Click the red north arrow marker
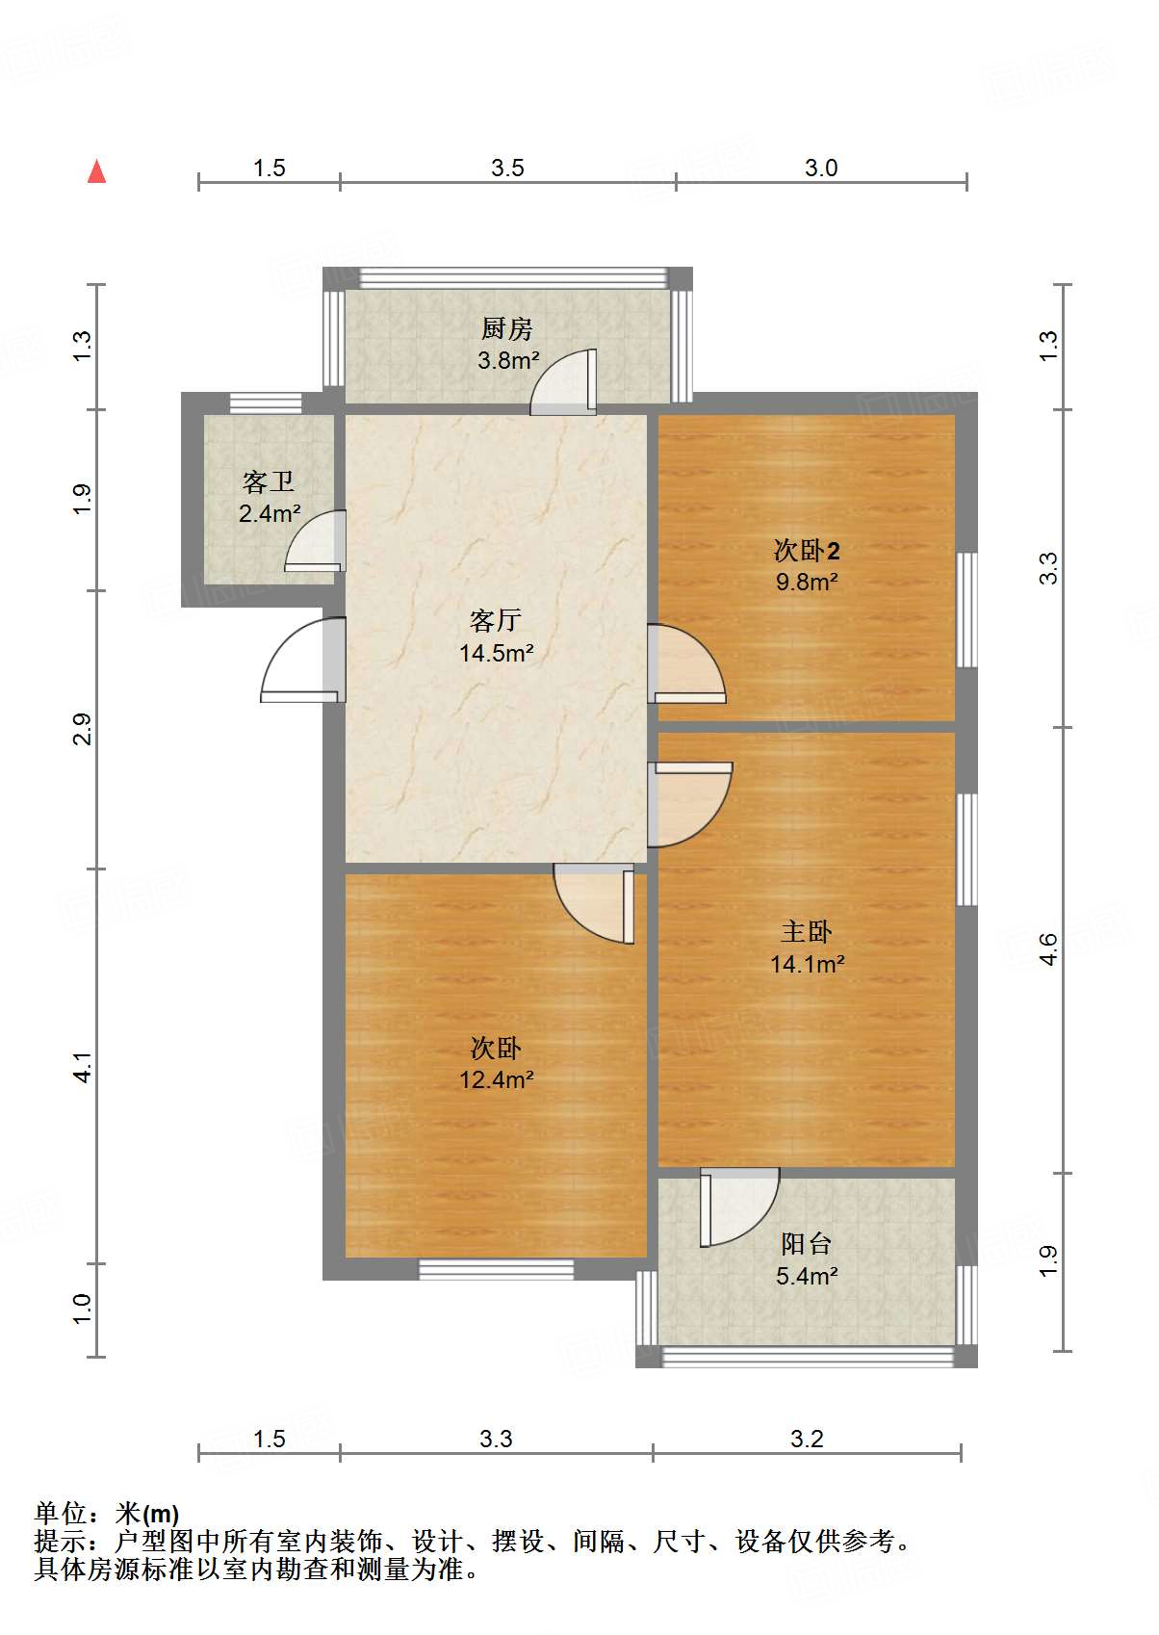[x=96, y=171]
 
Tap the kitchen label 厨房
[x=506, y=329]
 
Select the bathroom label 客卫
[x=269, y=481]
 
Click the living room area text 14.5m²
[x=497, y=654]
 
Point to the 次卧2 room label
[x=807, y=551]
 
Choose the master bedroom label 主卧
[x=807, y=931]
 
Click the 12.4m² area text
[x=497, y=1079]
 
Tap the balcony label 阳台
[x=807, y=1243]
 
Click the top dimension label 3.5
[x=507, y=169]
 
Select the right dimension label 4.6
[x=1048, y=949]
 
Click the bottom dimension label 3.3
[x=496, y=1439]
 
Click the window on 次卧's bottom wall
[x=497, y=1269]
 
